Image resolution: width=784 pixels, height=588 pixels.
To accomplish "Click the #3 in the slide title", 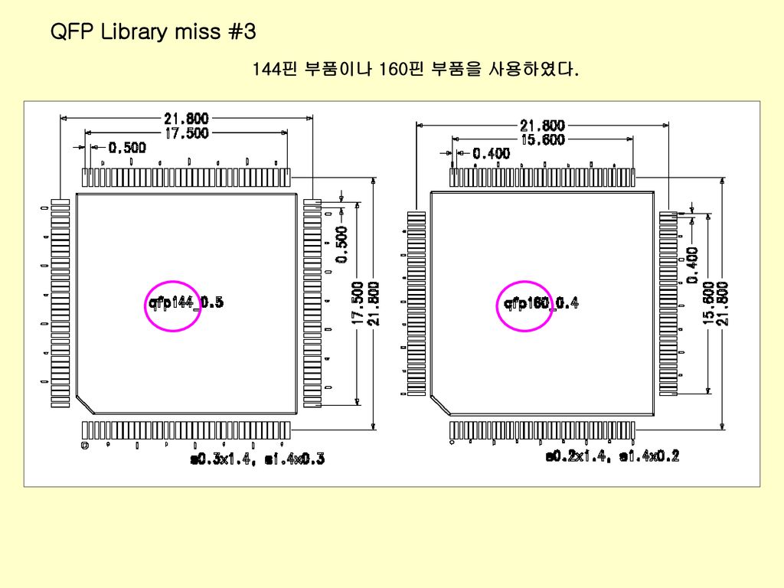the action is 242,32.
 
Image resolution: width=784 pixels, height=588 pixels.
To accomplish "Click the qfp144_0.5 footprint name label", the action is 185,303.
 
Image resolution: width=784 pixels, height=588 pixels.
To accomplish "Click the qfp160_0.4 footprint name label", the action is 541,304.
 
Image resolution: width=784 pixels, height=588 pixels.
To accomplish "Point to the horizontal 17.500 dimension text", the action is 186,132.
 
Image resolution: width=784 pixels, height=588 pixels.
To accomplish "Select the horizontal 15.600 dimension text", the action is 543,139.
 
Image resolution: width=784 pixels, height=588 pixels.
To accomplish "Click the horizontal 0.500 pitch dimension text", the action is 127,148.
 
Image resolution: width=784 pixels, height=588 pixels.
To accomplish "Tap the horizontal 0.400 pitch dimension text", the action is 491,154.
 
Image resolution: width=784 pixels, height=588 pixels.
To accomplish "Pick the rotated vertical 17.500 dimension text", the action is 358,302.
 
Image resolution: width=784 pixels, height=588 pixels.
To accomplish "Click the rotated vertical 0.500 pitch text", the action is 341,243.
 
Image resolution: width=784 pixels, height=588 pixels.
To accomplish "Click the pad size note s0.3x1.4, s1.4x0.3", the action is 257,459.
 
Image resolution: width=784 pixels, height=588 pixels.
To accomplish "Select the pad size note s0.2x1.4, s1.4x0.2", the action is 612,456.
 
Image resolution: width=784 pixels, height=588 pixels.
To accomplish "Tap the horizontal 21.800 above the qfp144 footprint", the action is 186,119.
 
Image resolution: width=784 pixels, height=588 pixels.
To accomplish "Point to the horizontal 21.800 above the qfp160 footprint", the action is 543,126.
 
